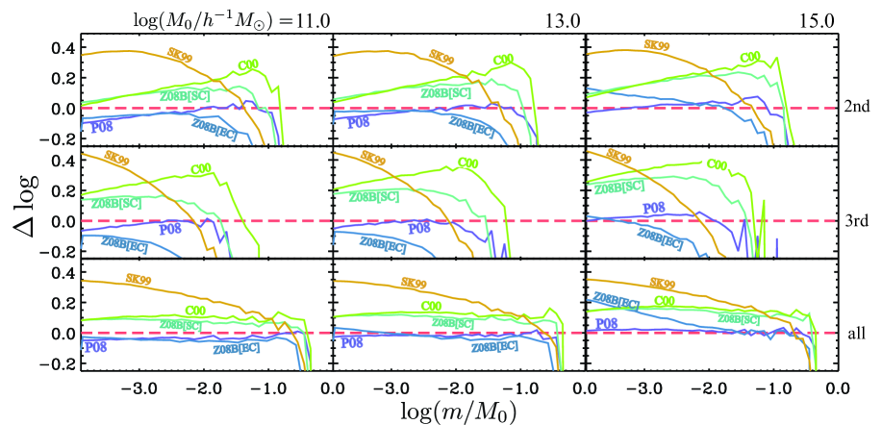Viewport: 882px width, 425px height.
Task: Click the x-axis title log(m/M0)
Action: pyautogui.click(x=458, y=410)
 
